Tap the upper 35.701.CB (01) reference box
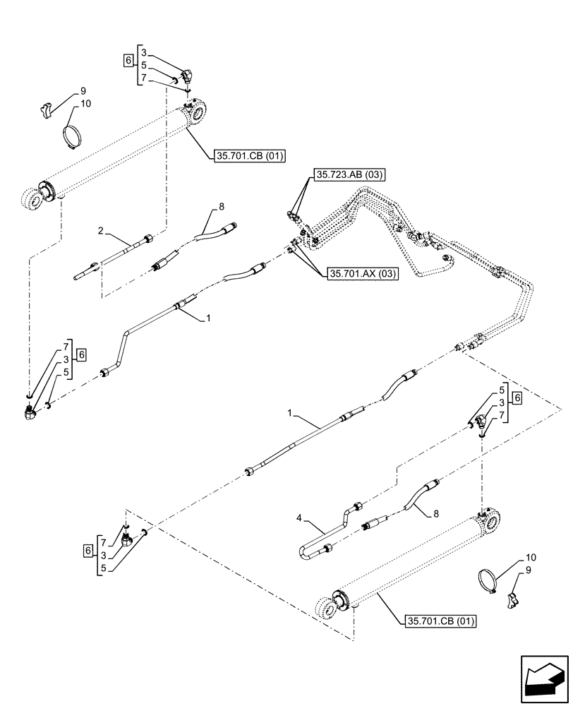click(x=248, y=157)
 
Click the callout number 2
click(x=101, y=230)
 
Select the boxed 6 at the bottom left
click(x=88, y=549)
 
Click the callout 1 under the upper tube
click(x=208, y=319)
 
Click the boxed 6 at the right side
click(x=518, y=399)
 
